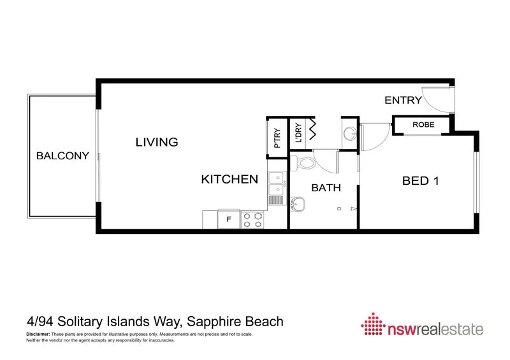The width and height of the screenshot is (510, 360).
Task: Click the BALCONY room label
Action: click(62, 155)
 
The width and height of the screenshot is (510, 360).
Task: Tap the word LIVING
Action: click(156, 142)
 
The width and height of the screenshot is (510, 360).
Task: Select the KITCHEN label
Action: click(229, 180)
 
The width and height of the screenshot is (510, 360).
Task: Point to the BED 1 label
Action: click(421, 181)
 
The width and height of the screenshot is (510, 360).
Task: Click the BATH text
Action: click(326, 188)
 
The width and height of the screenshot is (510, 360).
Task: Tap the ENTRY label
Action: click(403, 100)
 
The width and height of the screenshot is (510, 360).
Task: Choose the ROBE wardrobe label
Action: click(423, 125)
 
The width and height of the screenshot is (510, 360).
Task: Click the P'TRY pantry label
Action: click(277, 136)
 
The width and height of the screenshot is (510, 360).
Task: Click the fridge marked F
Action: click(229, 220)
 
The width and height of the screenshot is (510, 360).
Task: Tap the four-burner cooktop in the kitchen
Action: click(252, 220)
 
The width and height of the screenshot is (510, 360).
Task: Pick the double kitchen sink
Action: click(275, 184)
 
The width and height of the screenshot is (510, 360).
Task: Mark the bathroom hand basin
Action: click(297, 205)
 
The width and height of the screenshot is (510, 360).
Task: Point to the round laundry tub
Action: click(350, 134)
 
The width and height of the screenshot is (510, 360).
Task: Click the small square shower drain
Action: click(340, 208)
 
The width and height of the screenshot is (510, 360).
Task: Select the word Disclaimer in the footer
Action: click(38, 335)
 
